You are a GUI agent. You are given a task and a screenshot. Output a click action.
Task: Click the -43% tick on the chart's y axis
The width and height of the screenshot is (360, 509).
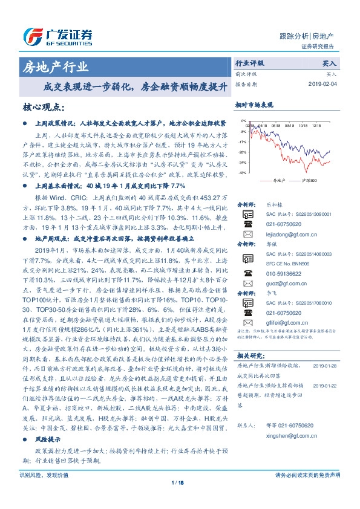point(242,173)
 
